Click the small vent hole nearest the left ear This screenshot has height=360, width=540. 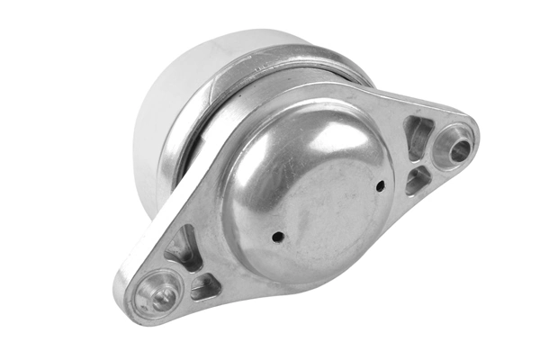point(278,236)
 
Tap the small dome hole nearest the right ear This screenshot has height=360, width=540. point(380,186)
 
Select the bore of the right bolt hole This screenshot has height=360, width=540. point(458,148)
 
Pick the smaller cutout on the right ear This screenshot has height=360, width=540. point(417,180)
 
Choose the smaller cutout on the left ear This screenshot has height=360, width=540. point(204,287)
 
